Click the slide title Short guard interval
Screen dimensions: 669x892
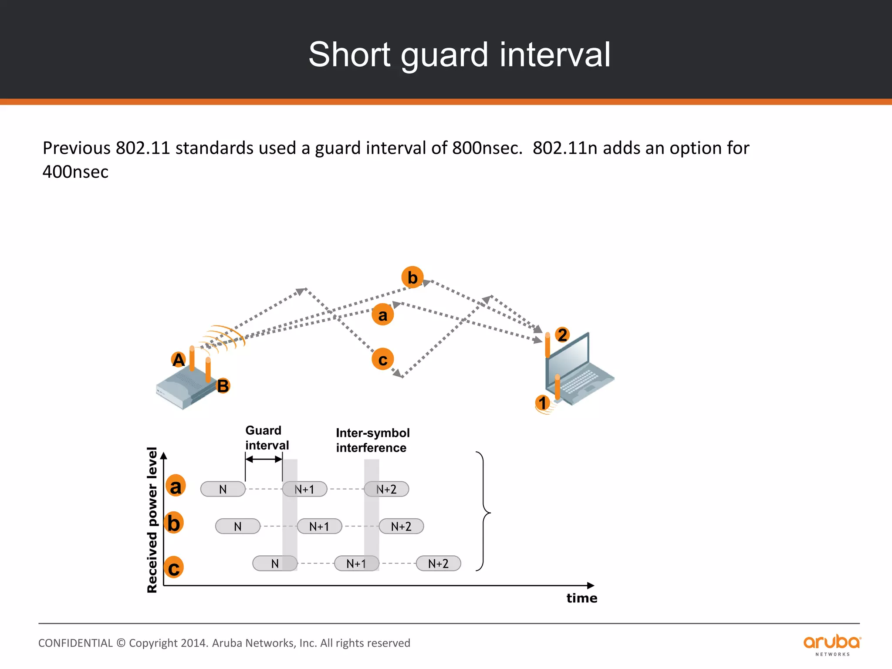coord(459,55)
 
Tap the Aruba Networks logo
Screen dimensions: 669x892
coord(832,644)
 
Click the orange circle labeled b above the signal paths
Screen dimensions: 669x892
coord(412,277)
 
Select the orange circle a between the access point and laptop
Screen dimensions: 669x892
coord(382,314)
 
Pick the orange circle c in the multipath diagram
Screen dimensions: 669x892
coord(382,359)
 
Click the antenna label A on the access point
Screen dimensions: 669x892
coord(179,360)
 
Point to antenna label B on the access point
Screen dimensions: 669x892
coord(223,386)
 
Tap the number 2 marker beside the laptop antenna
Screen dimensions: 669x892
coord(562,334)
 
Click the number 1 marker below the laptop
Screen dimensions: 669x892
coord(542,402)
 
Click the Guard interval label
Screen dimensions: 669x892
coord(267,438)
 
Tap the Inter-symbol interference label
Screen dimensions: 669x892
coord(372,440)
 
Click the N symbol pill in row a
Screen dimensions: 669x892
coord(223,489)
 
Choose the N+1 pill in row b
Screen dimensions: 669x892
coord(319,527)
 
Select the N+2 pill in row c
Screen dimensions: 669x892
coord(438,564)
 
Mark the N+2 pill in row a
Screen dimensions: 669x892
coord(386,489)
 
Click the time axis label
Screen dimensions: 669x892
coord(581,598)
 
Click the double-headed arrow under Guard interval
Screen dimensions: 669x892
coord(264,459)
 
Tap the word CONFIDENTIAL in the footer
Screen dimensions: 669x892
coord(75,643)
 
